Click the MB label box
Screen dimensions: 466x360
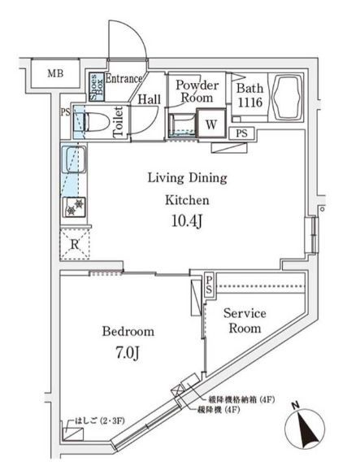pos(54,74)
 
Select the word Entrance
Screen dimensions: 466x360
pos(124,79)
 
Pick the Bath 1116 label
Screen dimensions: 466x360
pos(250,97)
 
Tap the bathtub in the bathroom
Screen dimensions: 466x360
pos(287,98)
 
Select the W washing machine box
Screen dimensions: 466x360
pos(211,124)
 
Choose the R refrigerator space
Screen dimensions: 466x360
pos(74,243)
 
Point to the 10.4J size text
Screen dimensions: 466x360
pos(186,220)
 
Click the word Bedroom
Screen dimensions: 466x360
pos(128,332)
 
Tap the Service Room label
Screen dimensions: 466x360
pos(243,320)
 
